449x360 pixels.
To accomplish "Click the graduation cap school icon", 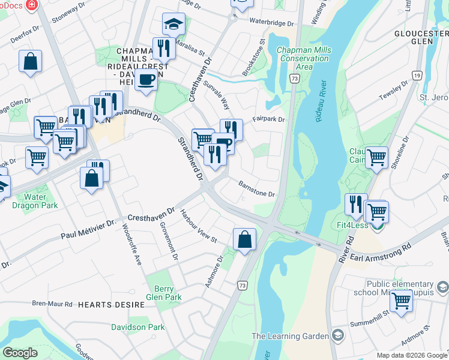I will [173, 24].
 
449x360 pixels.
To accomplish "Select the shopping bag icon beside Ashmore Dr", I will [244, 239].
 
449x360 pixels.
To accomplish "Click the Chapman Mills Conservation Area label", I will [304, 57].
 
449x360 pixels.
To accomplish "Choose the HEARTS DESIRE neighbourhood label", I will [111, 305].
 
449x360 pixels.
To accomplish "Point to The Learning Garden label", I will [290, 336].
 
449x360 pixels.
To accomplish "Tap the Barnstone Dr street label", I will [256, 189].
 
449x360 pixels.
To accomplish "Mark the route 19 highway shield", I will [416, 75].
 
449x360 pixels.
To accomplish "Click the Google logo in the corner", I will [20, 353].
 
